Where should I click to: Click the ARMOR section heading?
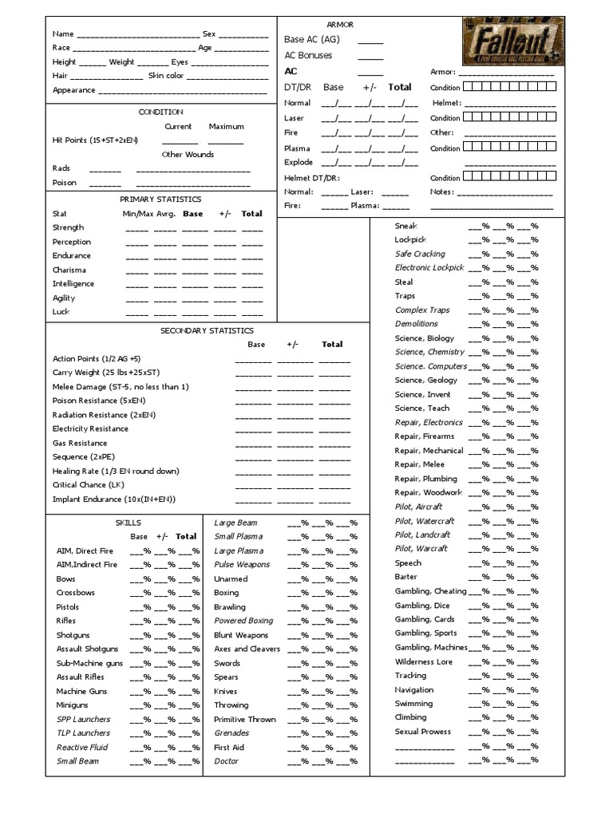pos(340,25)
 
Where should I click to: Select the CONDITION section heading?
pos(160,112)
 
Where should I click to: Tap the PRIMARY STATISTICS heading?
pos(160,199)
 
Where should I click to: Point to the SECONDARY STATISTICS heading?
pos(207,330)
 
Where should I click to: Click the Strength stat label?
pos(68,228)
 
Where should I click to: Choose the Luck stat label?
pos(61,312)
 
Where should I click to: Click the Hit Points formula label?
pos(95,140)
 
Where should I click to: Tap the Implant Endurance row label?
pos(113,499)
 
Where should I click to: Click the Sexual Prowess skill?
pos(422,732)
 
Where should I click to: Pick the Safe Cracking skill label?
pos(420,254)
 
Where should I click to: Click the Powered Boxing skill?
pos(243,621)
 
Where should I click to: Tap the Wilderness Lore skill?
pos(423,661)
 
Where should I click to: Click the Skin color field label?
pos(166,76)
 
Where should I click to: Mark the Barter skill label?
pos(406,577)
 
